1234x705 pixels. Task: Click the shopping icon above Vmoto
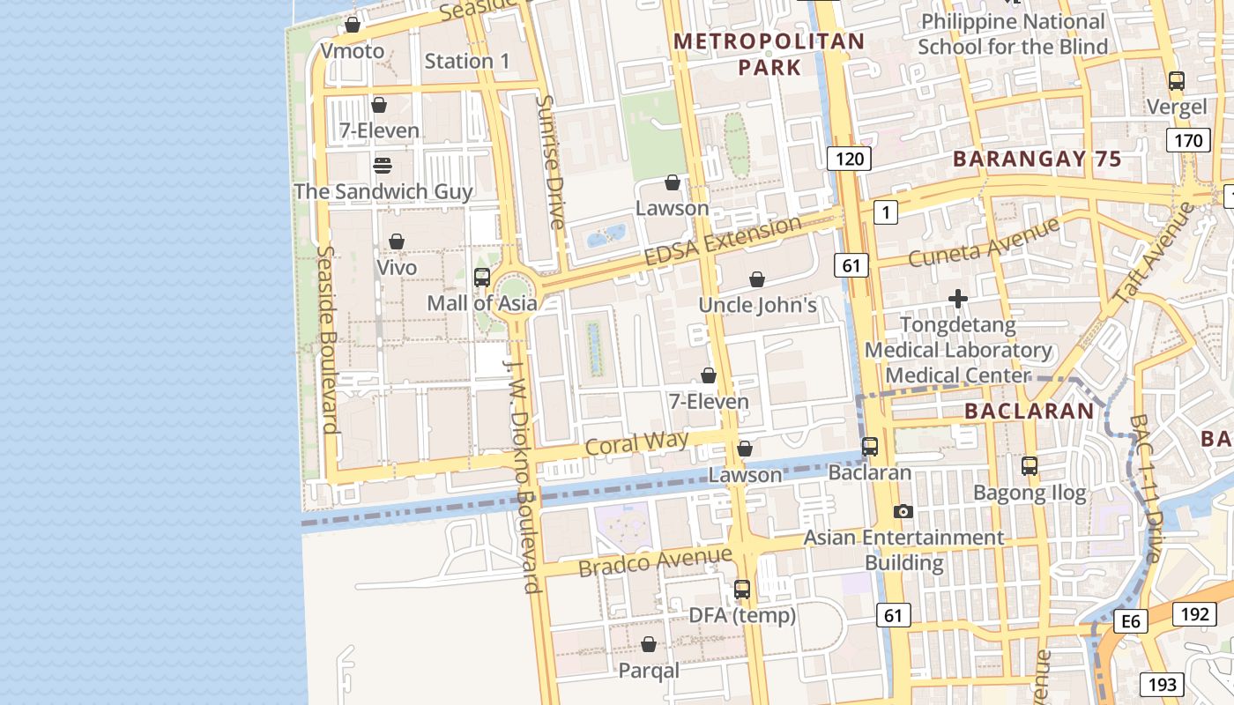tap(353, 25)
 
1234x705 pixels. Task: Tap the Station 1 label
tap(467, 61)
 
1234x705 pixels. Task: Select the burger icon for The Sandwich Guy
tap(383, 165)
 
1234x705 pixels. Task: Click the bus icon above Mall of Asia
tap(482, 278)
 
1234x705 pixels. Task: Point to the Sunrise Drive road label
tap(551, 162)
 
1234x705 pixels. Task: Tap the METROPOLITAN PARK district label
tap(769, 54)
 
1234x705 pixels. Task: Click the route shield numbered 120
tap(849, 159)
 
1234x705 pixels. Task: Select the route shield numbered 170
tap(1188, 140)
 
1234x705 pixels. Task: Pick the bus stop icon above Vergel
tap(1177, 81)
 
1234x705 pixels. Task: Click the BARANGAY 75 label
tap(1037, 160)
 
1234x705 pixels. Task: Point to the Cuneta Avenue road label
tap(984, 242)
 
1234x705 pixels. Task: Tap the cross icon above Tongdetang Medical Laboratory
tap(958, 300)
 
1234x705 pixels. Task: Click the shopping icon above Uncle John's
tap(757, 279)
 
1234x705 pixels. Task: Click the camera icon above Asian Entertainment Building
tap(903, 511)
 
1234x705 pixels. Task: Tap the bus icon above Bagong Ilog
tap(1030, 465)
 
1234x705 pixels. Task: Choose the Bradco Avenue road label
tap(655, 561)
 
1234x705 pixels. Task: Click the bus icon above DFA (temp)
tap(742, 590)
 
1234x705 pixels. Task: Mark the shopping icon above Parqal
tap(649, 644)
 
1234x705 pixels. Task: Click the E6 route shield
tap(1131, 622)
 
